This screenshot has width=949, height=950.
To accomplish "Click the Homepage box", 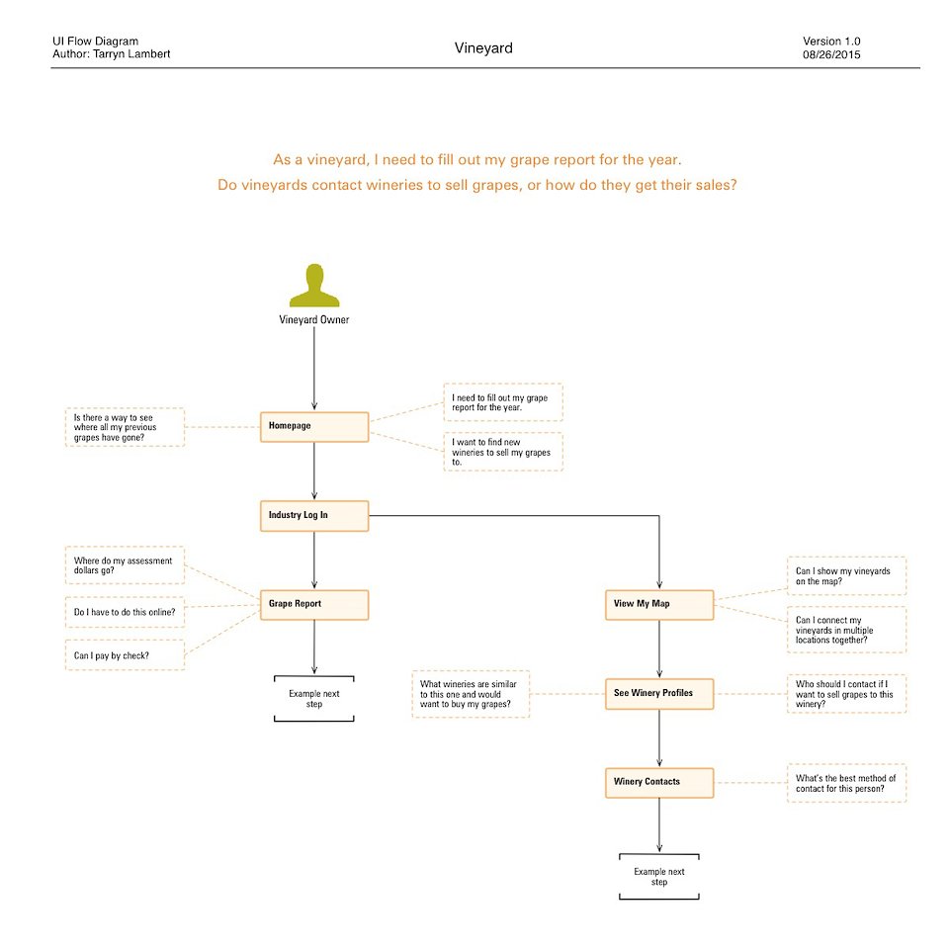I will click(314, 426).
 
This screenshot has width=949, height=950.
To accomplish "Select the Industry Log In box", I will click(314, 516).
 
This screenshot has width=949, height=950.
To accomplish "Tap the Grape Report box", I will click(314, 604).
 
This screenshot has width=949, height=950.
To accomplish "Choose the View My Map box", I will click(658, 604).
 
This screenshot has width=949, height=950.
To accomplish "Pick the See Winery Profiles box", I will click(658, 694).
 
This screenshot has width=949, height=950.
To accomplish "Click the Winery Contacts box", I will click(658, 783).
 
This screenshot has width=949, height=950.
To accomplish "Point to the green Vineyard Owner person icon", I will click(313, 286).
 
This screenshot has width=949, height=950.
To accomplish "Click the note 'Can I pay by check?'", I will click(125, 655).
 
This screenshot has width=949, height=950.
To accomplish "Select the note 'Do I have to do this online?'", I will click(125, 613).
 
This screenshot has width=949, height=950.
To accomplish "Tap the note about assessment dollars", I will click(125, 566).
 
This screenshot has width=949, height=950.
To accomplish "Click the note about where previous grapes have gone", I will click(125, 427).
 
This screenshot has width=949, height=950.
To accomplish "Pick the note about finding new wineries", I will click(503, 451).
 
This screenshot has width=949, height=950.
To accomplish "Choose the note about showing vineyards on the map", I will click(846, 576).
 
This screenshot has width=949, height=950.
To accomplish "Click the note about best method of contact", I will click(846, 783).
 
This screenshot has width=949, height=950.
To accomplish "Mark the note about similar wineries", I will click(471, 694).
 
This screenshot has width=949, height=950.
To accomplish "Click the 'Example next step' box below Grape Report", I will click(313, 699).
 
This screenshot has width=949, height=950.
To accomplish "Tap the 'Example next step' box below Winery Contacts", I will click(658, 877).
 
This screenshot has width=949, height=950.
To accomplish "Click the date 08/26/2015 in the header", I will click(831, 54).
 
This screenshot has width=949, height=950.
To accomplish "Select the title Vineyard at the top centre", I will click(483, 47).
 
